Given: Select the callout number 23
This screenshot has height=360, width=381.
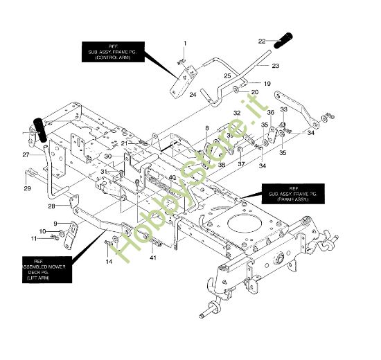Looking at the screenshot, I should click(275, 66).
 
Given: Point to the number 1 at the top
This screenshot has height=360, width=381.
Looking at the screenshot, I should click(185, 44).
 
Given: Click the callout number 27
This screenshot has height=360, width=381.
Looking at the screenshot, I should click(25, 154).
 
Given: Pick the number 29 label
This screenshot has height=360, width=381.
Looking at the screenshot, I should click(28, 188).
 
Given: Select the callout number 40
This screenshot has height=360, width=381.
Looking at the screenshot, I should click(172, 177).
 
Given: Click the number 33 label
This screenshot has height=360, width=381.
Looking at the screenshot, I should click(283, 109).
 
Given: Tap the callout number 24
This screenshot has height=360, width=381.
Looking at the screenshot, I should click(193, 94).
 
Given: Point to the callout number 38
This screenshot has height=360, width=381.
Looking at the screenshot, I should click(221, 165).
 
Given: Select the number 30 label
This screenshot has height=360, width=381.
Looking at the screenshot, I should click(107, 156).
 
